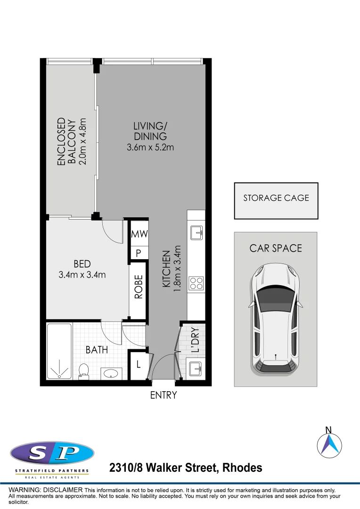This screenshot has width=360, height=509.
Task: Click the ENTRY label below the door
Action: (164, 395)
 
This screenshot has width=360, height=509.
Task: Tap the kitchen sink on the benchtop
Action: (196, 233)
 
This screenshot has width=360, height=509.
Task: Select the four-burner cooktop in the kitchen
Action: (196, 283)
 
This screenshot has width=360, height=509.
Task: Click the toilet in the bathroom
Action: (84, 371)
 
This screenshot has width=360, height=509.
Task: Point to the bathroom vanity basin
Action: (111, 374)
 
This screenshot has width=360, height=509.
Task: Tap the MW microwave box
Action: (139, 233)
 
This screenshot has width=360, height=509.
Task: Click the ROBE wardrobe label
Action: (138, 287)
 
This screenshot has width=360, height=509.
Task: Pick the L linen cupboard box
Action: (139, 364)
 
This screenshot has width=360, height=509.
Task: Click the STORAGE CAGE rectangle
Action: (276, 201)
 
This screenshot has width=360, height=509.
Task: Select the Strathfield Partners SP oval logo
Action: (52, 453)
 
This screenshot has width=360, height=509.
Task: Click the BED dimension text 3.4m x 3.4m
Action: (82, 275)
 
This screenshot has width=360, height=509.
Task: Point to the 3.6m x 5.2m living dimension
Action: (150, 147)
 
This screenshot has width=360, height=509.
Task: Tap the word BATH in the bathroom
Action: (97, 350)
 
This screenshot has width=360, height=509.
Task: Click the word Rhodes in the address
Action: (242, 468)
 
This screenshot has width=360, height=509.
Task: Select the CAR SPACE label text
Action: (276, 248)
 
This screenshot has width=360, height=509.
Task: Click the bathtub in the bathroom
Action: (59, 351)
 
